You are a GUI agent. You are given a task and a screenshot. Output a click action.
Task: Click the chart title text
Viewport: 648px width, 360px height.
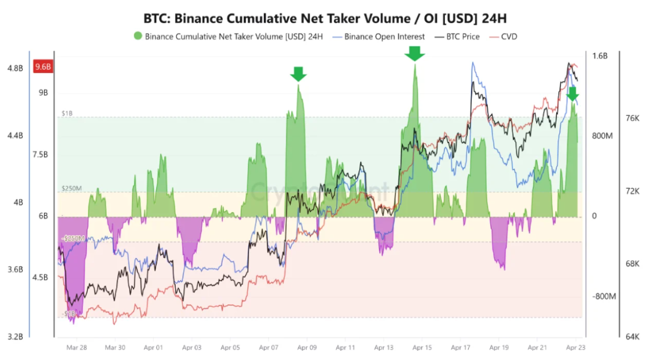pos(324,18)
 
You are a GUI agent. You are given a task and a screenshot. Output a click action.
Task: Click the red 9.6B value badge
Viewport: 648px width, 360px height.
pos(43,67)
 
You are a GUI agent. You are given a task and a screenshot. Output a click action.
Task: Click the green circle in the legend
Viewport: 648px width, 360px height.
pos(137,37)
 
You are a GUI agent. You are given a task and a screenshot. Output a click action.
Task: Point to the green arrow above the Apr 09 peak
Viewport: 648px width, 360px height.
pos(298,74)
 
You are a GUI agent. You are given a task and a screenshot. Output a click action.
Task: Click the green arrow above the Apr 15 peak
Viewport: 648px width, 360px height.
pos(414,54)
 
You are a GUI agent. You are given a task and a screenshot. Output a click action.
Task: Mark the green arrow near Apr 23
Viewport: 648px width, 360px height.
pos(573,94)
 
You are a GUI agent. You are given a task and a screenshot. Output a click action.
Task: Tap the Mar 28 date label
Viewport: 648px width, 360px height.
pos(77,347)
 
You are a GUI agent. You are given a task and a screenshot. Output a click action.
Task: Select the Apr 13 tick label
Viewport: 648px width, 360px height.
pos(383,347)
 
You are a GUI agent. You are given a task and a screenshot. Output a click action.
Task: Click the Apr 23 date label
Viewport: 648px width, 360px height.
pos(575,347)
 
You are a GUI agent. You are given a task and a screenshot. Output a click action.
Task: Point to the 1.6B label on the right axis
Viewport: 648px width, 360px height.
pos(600,56)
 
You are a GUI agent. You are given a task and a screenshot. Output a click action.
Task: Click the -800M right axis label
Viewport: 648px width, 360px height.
pos(603,296)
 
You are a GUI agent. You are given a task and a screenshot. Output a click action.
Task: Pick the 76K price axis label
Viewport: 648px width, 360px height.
pos(632,118)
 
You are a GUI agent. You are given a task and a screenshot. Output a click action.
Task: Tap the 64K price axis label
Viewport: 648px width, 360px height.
pos(632,337)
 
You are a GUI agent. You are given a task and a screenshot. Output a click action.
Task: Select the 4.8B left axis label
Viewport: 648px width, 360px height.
pos(15,68)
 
